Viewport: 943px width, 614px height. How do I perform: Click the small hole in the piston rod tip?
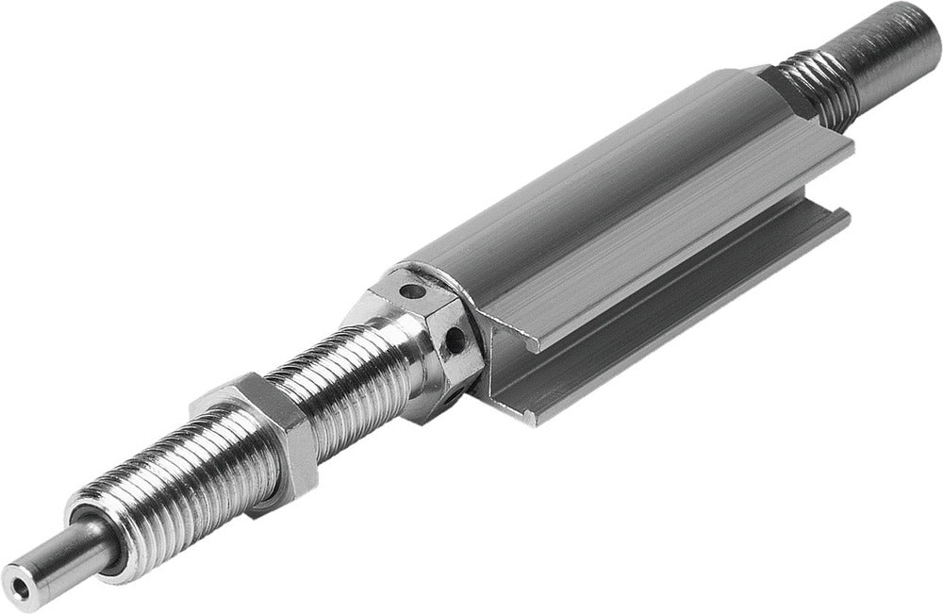pyautogui.click(x=16, y=572)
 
